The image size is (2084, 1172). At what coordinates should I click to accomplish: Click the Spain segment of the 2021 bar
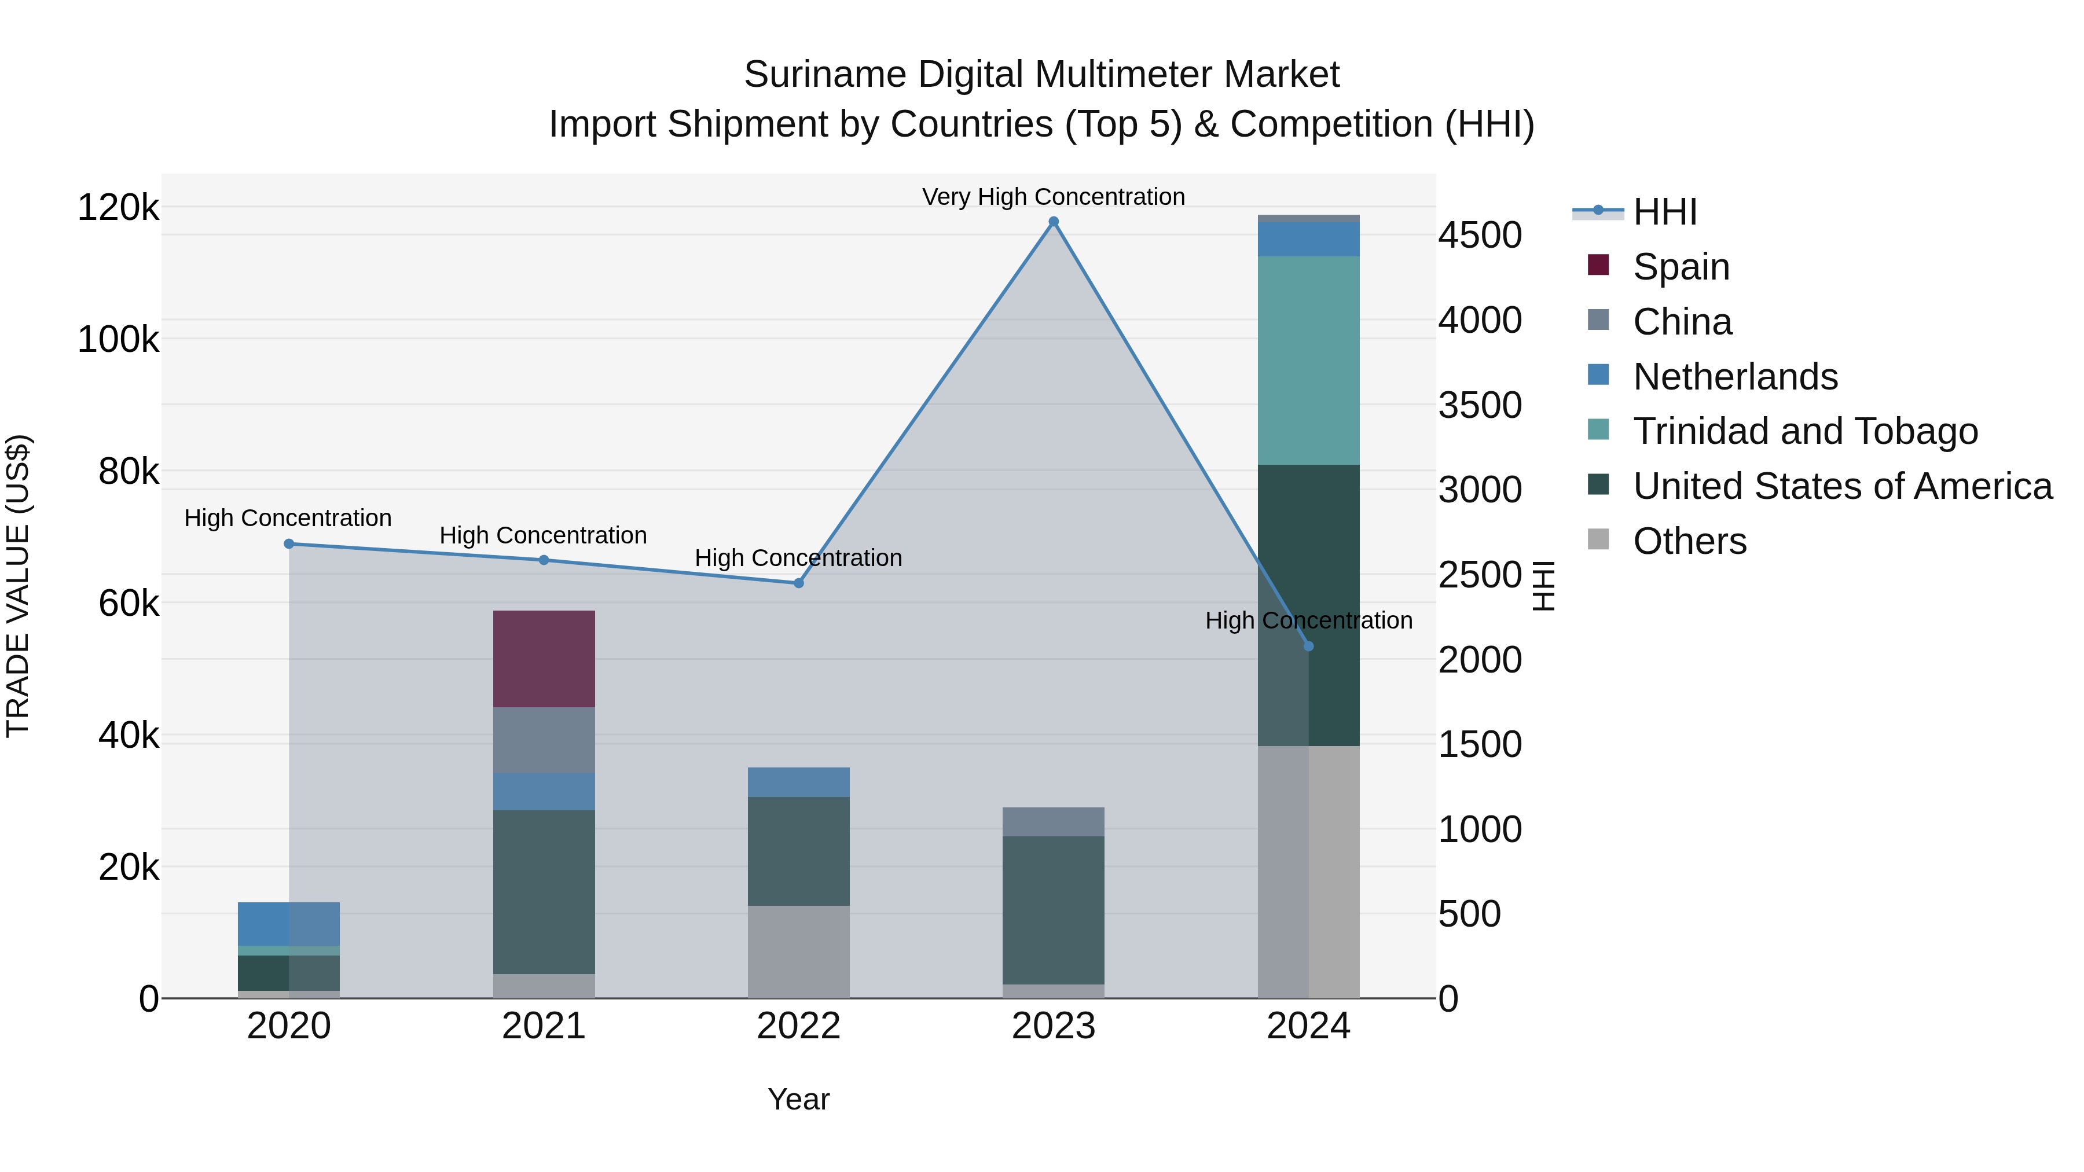544,659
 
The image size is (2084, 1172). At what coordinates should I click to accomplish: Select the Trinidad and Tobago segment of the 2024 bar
1308,360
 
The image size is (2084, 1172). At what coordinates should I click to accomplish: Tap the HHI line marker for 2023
1054,222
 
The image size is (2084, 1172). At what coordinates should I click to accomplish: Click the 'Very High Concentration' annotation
1054,197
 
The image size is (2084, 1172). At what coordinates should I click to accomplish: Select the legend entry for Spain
1681,267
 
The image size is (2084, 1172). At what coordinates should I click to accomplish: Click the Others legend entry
1689,541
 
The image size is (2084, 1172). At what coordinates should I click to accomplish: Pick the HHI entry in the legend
1664,212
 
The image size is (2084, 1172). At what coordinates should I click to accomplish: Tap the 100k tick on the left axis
118,340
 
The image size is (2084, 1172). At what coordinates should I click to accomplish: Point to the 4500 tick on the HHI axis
1480,236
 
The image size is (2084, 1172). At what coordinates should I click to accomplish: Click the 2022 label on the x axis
798,1026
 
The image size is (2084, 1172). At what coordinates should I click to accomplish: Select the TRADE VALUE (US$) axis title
18,586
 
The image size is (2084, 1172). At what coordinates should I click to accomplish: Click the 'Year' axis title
798,1099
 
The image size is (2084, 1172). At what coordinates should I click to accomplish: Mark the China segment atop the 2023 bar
1054,822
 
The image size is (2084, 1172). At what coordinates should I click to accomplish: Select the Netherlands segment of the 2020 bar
289,923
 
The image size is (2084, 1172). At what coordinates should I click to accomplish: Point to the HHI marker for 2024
1308,646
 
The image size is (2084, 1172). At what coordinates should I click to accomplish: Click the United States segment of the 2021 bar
544,891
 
